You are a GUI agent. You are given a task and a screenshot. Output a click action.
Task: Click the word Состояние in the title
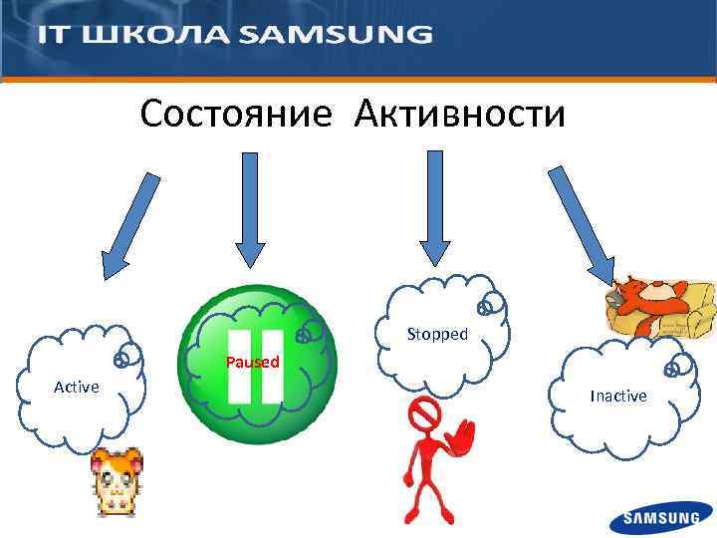[x=236, y=114]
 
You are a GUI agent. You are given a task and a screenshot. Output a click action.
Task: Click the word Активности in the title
[x=459, y=114]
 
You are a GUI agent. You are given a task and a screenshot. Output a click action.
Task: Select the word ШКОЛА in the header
[x=156, y=35]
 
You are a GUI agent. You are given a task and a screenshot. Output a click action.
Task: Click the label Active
[x=76, y=387]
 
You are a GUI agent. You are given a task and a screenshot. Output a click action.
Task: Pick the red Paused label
[x=252, y=362]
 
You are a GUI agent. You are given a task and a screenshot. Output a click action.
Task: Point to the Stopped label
[x=437, y=334]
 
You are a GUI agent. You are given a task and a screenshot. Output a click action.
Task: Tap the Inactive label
[x=617, y=396]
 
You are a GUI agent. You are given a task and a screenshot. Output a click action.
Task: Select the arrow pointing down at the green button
[x=249, y=209]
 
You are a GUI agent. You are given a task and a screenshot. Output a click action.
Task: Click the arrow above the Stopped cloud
[x=434, y=207]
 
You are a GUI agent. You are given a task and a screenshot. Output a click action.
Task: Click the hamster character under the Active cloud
[x=117, y=481]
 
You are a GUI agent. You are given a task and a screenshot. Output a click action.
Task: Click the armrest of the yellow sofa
[x=703, y=305]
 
